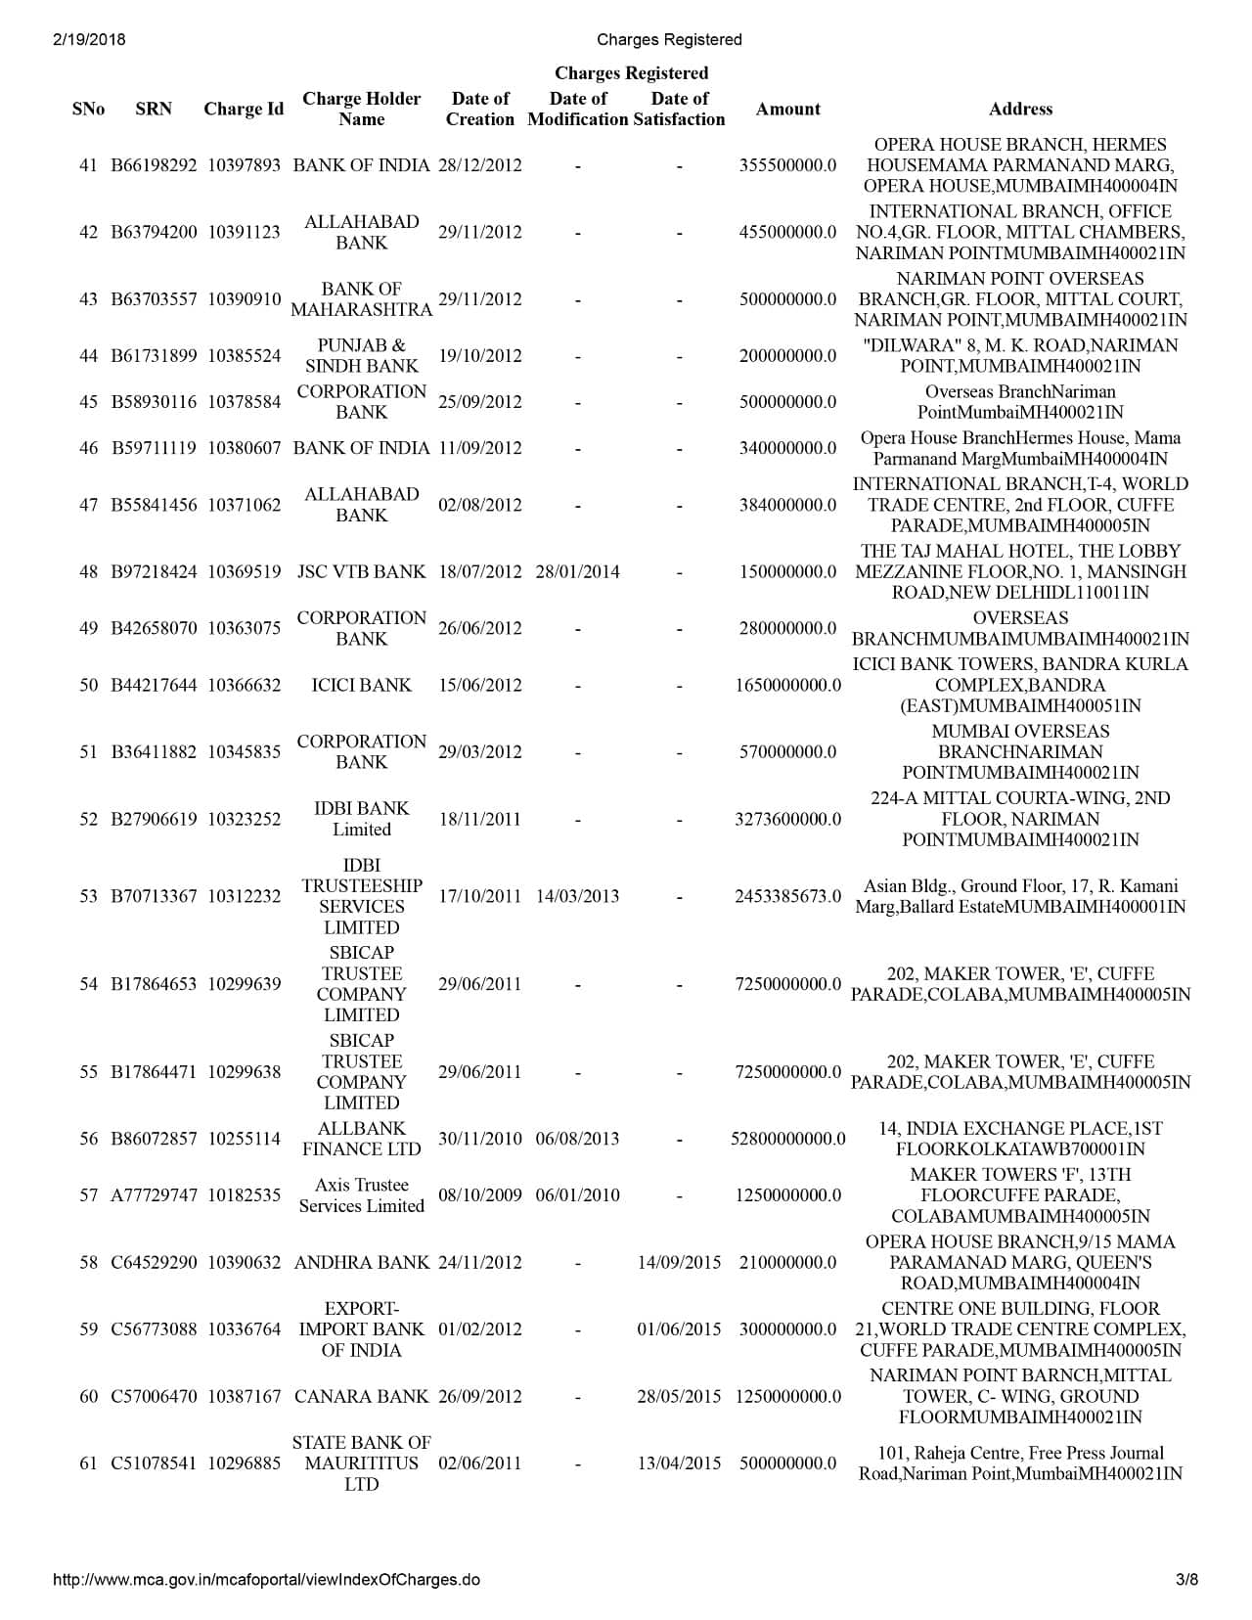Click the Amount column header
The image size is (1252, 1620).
coord(787,110)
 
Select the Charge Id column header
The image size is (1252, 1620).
coord(244,110)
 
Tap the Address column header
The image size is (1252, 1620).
coord(1020,110)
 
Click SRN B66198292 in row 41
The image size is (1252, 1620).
coord(154,165)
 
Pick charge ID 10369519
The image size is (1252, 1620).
coord(244,572)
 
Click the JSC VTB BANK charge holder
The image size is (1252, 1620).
coord(361,572)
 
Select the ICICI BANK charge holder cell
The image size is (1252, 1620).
coord(361,686)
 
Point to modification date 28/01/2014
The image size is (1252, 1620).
coord(577,572)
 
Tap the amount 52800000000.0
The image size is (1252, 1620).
coord(787,1139)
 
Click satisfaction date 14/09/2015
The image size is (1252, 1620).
coord(679,1263)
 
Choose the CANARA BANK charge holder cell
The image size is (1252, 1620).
coord(361,1397)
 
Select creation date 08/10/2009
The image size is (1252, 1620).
coord(479,1195)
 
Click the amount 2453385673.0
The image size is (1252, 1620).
coord(787,896)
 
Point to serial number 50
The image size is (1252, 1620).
coord(88,686)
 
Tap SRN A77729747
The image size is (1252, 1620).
coord(154,1195)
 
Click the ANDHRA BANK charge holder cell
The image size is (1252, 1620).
coord(361,1263)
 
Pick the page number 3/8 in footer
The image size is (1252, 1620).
coord(1186,1580)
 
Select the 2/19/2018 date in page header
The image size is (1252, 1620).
coord(85,40)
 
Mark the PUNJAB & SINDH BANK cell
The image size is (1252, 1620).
coord(361,356)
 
